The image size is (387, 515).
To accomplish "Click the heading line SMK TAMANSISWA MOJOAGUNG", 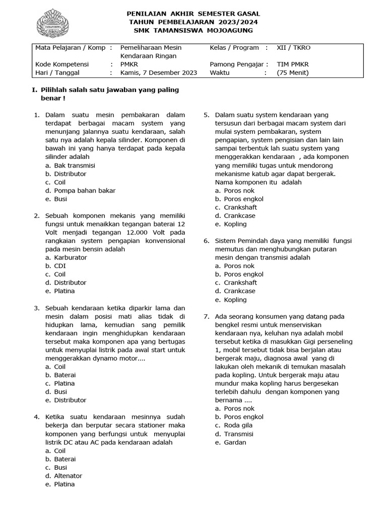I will [193, 31].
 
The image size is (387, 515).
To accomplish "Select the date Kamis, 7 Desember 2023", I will [159, 72].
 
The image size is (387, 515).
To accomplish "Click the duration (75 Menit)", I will [293, 72].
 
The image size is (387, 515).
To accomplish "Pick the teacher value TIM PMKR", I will [293, 64].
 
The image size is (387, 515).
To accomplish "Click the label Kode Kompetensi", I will [62, 64].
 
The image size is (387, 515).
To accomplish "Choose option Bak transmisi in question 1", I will [75, 165].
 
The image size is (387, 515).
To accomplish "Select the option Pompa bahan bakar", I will [85, 191].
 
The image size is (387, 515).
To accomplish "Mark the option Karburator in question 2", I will [71, 257].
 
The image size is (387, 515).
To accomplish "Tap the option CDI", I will [60, 266].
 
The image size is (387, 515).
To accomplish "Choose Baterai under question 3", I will [65, 375].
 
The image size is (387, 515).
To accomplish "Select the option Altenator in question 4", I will [68, 476].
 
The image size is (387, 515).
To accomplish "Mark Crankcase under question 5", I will [239, 216].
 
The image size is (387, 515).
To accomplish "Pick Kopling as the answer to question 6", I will [235, 300].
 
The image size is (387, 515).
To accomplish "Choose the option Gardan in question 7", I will [235, 442].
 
